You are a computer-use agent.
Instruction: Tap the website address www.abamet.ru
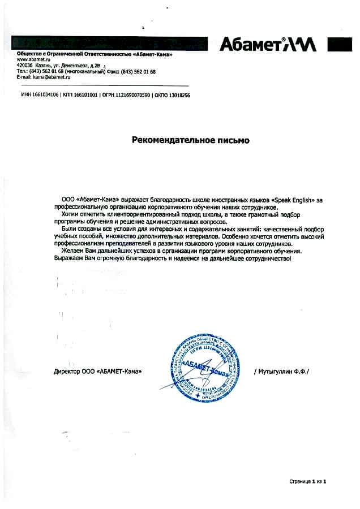point(31,59)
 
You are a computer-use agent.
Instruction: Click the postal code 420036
point(25,66)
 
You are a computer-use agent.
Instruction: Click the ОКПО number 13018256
point(178,96)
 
